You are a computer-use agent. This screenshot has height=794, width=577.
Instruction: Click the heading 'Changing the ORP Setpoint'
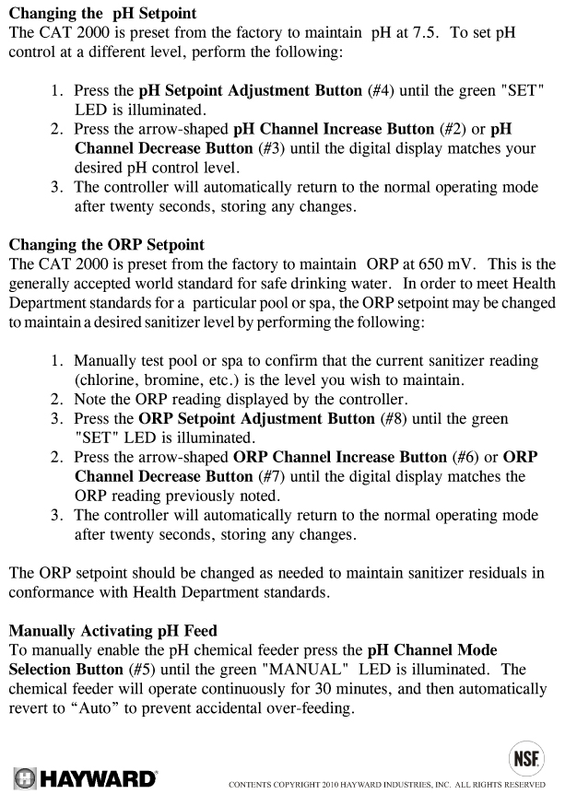pyautogui.click(x=113, y=245)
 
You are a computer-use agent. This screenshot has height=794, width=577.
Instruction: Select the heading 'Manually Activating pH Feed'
pyautogui.click(x=112, y=631)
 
